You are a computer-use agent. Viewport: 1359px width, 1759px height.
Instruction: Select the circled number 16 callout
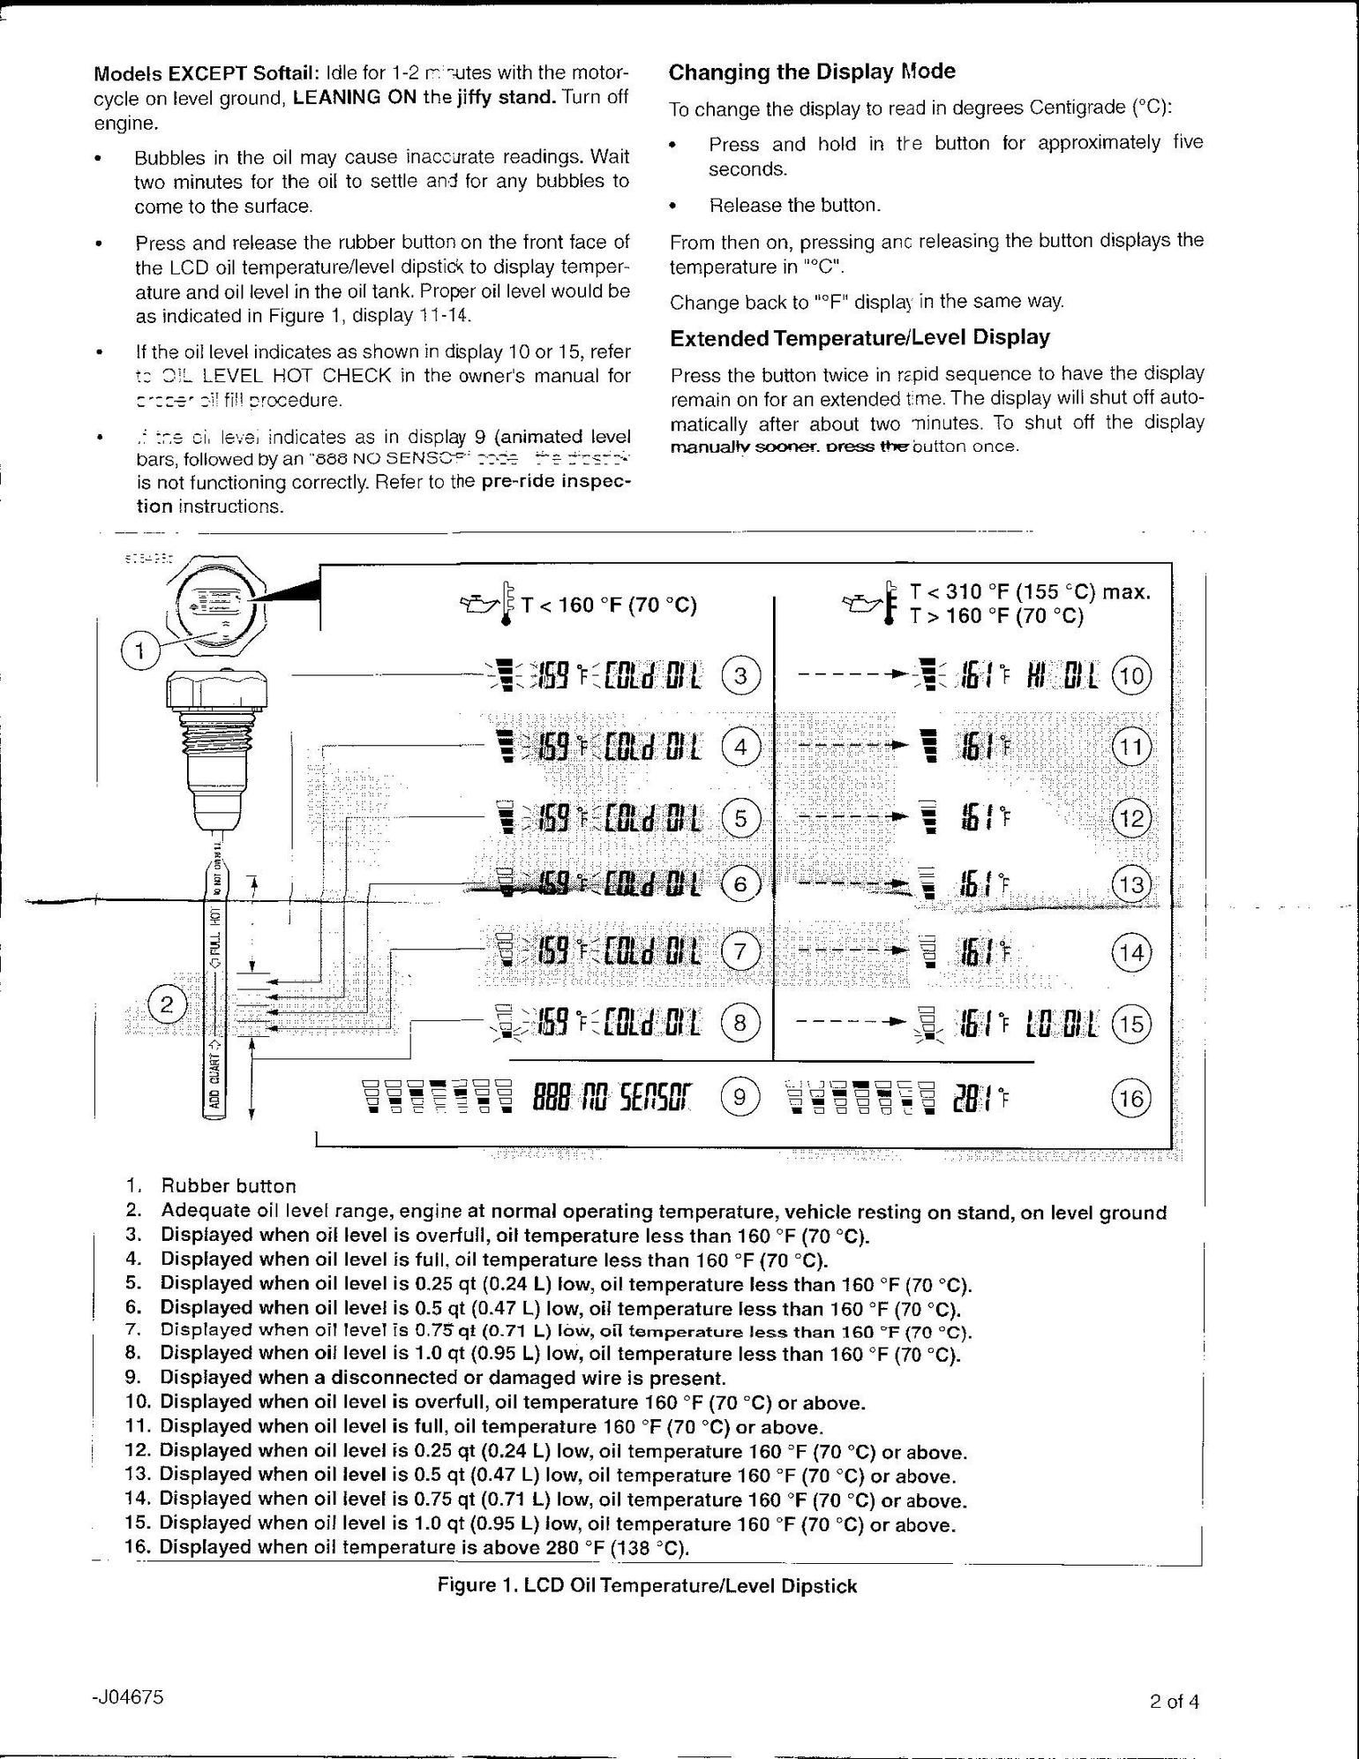point(1130,1099)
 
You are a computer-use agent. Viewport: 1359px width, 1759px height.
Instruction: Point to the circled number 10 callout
point(1131,677)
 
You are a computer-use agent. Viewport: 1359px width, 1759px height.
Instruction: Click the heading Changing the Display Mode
point(812,71)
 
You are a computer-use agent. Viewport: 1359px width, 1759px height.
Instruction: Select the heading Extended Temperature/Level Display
point(860,337)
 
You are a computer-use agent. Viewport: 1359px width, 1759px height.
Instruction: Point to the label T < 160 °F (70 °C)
point(609,605)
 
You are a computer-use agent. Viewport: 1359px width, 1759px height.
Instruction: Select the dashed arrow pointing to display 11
point(852,747)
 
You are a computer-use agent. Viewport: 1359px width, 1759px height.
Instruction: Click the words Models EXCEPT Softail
point(206,72)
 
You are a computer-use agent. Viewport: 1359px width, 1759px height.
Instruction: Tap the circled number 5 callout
point(740,819)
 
